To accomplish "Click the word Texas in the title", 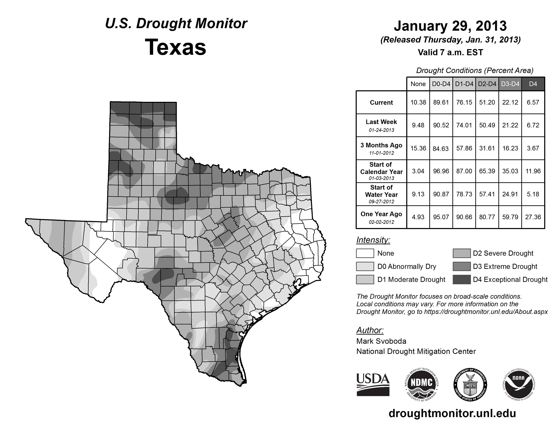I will pyautogui.click(x=175, y=47).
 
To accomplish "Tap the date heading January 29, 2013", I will pyautogui.click(x=450, y=26).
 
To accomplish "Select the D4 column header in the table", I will pyautogui.click(x=533, y=84).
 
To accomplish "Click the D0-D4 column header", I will pyautogui.click(x=441, y=84).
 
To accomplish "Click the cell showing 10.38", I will pyautogui.click(x=418, y=102).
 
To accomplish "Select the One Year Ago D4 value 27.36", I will pyautogui.click(x=533, y=217).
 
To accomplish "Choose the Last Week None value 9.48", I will pyautogui.click(x=418, y=125).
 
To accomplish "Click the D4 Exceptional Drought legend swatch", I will pyautogui.click(x=462, y=280).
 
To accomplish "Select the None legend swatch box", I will pyautogui.click(x=365, y=253).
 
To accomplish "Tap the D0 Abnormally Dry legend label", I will pyautogui.click(x=407, y=266).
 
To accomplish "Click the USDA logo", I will pyautogui.click(x=373, y=384).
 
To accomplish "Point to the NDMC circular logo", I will pyautogui.click(x=422, y=384).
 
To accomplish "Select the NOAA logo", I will pyautogui.click(x=518, y=384).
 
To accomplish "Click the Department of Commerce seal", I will pyautogui.click(x=470, y=384).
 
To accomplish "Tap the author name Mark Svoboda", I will pyautogui.click(x=381, y=341).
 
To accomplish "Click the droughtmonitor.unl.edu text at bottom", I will pyautogui.click(x=452, y=413).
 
